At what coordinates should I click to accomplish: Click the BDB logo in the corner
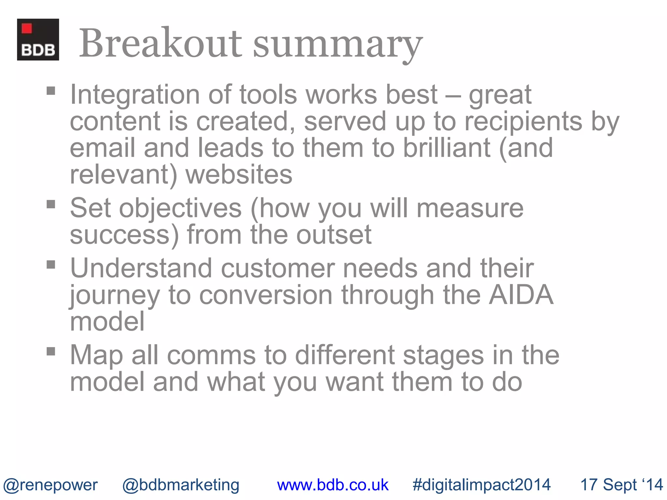(38, 39)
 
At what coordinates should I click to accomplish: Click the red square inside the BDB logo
(27, 29)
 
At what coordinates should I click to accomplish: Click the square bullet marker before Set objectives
(51, 204)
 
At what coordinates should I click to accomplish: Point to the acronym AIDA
(521, 295)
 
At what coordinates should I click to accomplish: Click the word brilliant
(447, 148)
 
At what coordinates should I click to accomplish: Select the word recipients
(523, 122)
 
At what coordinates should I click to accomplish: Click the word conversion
(266, 295)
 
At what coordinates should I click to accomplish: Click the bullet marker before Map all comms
(51, 351)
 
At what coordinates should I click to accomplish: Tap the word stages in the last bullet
(443, 355)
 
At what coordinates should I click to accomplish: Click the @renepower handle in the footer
(50, 485)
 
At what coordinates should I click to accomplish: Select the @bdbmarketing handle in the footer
(181, 485)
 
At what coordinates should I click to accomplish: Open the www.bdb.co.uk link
(333, 485)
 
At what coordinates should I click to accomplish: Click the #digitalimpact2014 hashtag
(481, 485)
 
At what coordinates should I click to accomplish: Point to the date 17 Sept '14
(621, 485)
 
